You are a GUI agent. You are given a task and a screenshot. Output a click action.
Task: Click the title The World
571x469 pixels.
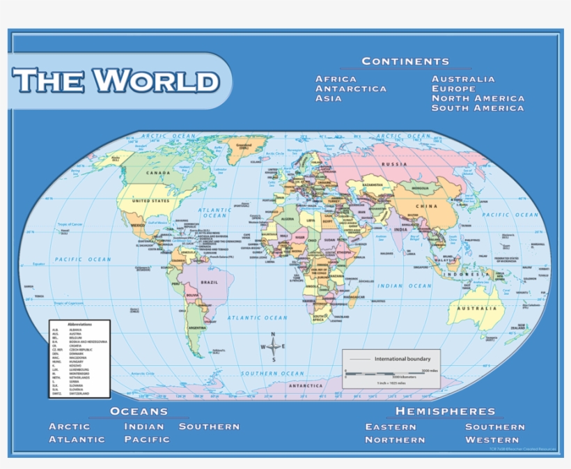tap(116, 81)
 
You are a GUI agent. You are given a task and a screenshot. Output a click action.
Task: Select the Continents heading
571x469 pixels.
tap(405, 61)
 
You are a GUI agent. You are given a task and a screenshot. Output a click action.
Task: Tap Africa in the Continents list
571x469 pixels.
tap(336, 79)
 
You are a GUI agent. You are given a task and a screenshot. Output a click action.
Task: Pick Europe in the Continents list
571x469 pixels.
tap(453, 89)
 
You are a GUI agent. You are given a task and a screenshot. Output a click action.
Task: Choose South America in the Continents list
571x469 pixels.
tap(477, 108)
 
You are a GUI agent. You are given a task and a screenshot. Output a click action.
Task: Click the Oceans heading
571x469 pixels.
tap(139, 412)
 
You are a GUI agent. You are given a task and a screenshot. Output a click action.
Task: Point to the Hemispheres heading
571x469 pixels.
tap(445, 412)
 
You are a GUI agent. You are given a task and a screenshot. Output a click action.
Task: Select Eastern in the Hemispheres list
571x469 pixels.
tap(395, 426)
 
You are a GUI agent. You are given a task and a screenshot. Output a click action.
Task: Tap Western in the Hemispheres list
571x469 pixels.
tap(492, 440)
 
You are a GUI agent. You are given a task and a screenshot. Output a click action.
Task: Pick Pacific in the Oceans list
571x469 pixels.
tap(147, 439)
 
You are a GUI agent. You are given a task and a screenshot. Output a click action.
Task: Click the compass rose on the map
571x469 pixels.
tap(274, 346)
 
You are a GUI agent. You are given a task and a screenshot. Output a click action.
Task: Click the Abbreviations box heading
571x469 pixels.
tap(79, 325)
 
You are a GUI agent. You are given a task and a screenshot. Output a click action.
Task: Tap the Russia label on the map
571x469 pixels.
tap(394, 164)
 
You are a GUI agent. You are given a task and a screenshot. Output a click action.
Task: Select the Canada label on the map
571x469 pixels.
tap(157, 173)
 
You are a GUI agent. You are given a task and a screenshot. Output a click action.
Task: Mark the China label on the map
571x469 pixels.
tap(426, 206)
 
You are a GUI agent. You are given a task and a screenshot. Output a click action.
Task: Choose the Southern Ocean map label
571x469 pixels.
tap(272, 374)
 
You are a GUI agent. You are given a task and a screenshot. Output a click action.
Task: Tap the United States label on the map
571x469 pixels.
tap(150, 201)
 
